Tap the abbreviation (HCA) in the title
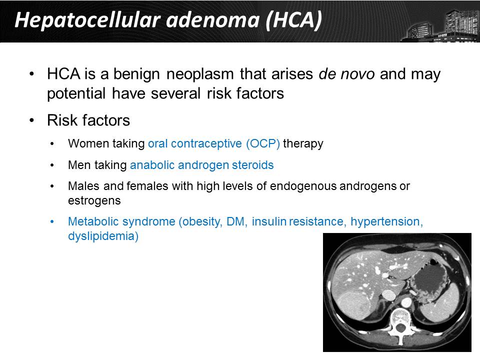[x=294, y=20]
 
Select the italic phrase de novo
[x=346, y=74]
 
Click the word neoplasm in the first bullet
[x=200, y=74]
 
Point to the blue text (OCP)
[x=263, y=143]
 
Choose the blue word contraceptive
[x=206, y=143]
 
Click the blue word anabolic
[x=152, y=165]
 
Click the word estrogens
[x=94, y=201]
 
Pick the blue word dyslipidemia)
[x=103, y=236]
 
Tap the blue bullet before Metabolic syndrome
[x=52, y=221]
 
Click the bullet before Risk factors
[x=32, y=120]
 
